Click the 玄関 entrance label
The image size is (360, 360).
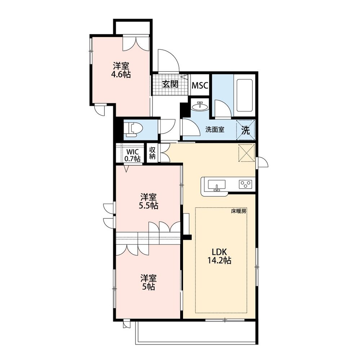[170, 84]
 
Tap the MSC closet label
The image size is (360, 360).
[200, 85]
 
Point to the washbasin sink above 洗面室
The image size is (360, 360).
[200, 106]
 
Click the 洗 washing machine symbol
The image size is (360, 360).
[245, 130]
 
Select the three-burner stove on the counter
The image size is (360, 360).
[245, 184]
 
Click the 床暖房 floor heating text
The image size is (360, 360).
[239, 211]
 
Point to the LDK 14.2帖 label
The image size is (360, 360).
[219, 256]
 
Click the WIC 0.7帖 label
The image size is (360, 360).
[132, 155]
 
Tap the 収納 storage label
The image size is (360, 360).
[152, 153]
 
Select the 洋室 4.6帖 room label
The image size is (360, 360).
[121, 70]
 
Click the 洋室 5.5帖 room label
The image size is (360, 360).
[148, 201]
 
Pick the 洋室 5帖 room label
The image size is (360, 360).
[148, 282]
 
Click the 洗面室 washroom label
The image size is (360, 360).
[215, 130]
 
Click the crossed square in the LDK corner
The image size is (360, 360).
[246, 153]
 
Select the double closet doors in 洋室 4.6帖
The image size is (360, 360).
[136, 43]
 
